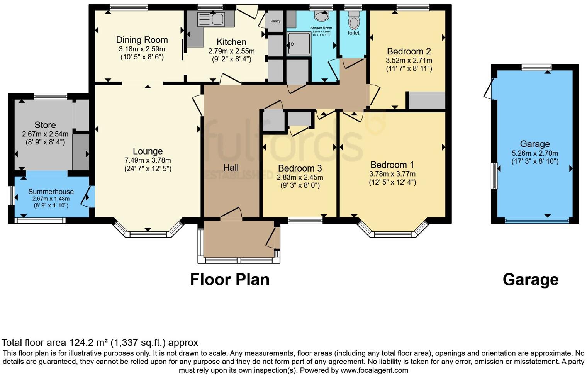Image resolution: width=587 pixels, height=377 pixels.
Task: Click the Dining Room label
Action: tap(142, 40)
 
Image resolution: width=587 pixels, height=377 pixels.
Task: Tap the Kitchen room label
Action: tap(231, 42)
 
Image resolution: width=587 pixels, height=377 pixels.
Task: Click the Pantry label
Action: tap(275, 21)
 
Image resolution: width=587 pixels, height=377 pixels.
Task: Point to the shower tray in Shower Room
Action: tap(298, 44)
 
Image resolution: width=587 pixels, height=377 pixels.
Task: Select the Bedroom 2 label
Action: tap(409, 51)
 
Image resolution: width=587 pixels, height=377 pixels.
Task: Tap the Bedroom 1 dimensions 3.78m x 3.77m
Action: tap(392, 174)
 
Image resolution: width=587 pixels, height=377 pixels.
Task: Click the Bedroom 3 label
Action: tap(300, 168)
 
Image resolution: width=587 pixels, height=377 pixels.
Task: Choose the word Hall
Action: tap(231, 168)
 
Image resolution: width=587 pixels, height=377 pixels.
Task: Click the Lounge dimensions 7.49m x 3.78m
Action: tap(148, 160)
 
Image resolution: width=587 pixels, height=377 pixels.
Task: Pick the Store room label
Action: tap(45, 125)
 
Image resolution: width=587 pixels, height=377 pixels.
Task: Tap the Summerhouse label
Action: tap(51, 192)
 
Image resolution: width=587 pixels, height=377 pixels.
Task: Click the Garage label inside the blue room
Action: tap(534, 144)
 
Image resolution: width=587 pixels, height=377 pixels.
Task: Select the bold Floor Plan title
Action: tap(230, 279)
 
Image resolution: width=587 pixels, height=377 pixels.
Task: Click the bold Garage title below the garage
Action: tap(530, 279)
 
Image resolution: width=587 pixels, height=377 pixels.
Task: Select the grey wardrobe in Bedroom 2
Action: tap(427, 100)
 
